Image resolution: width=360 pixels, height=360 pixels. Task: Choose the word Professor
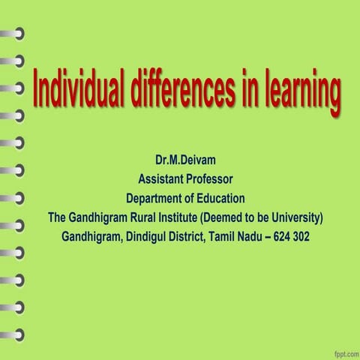coord(211,179)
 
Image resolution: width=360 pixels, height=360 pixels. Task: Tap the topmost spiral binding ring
coord(13,33)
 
